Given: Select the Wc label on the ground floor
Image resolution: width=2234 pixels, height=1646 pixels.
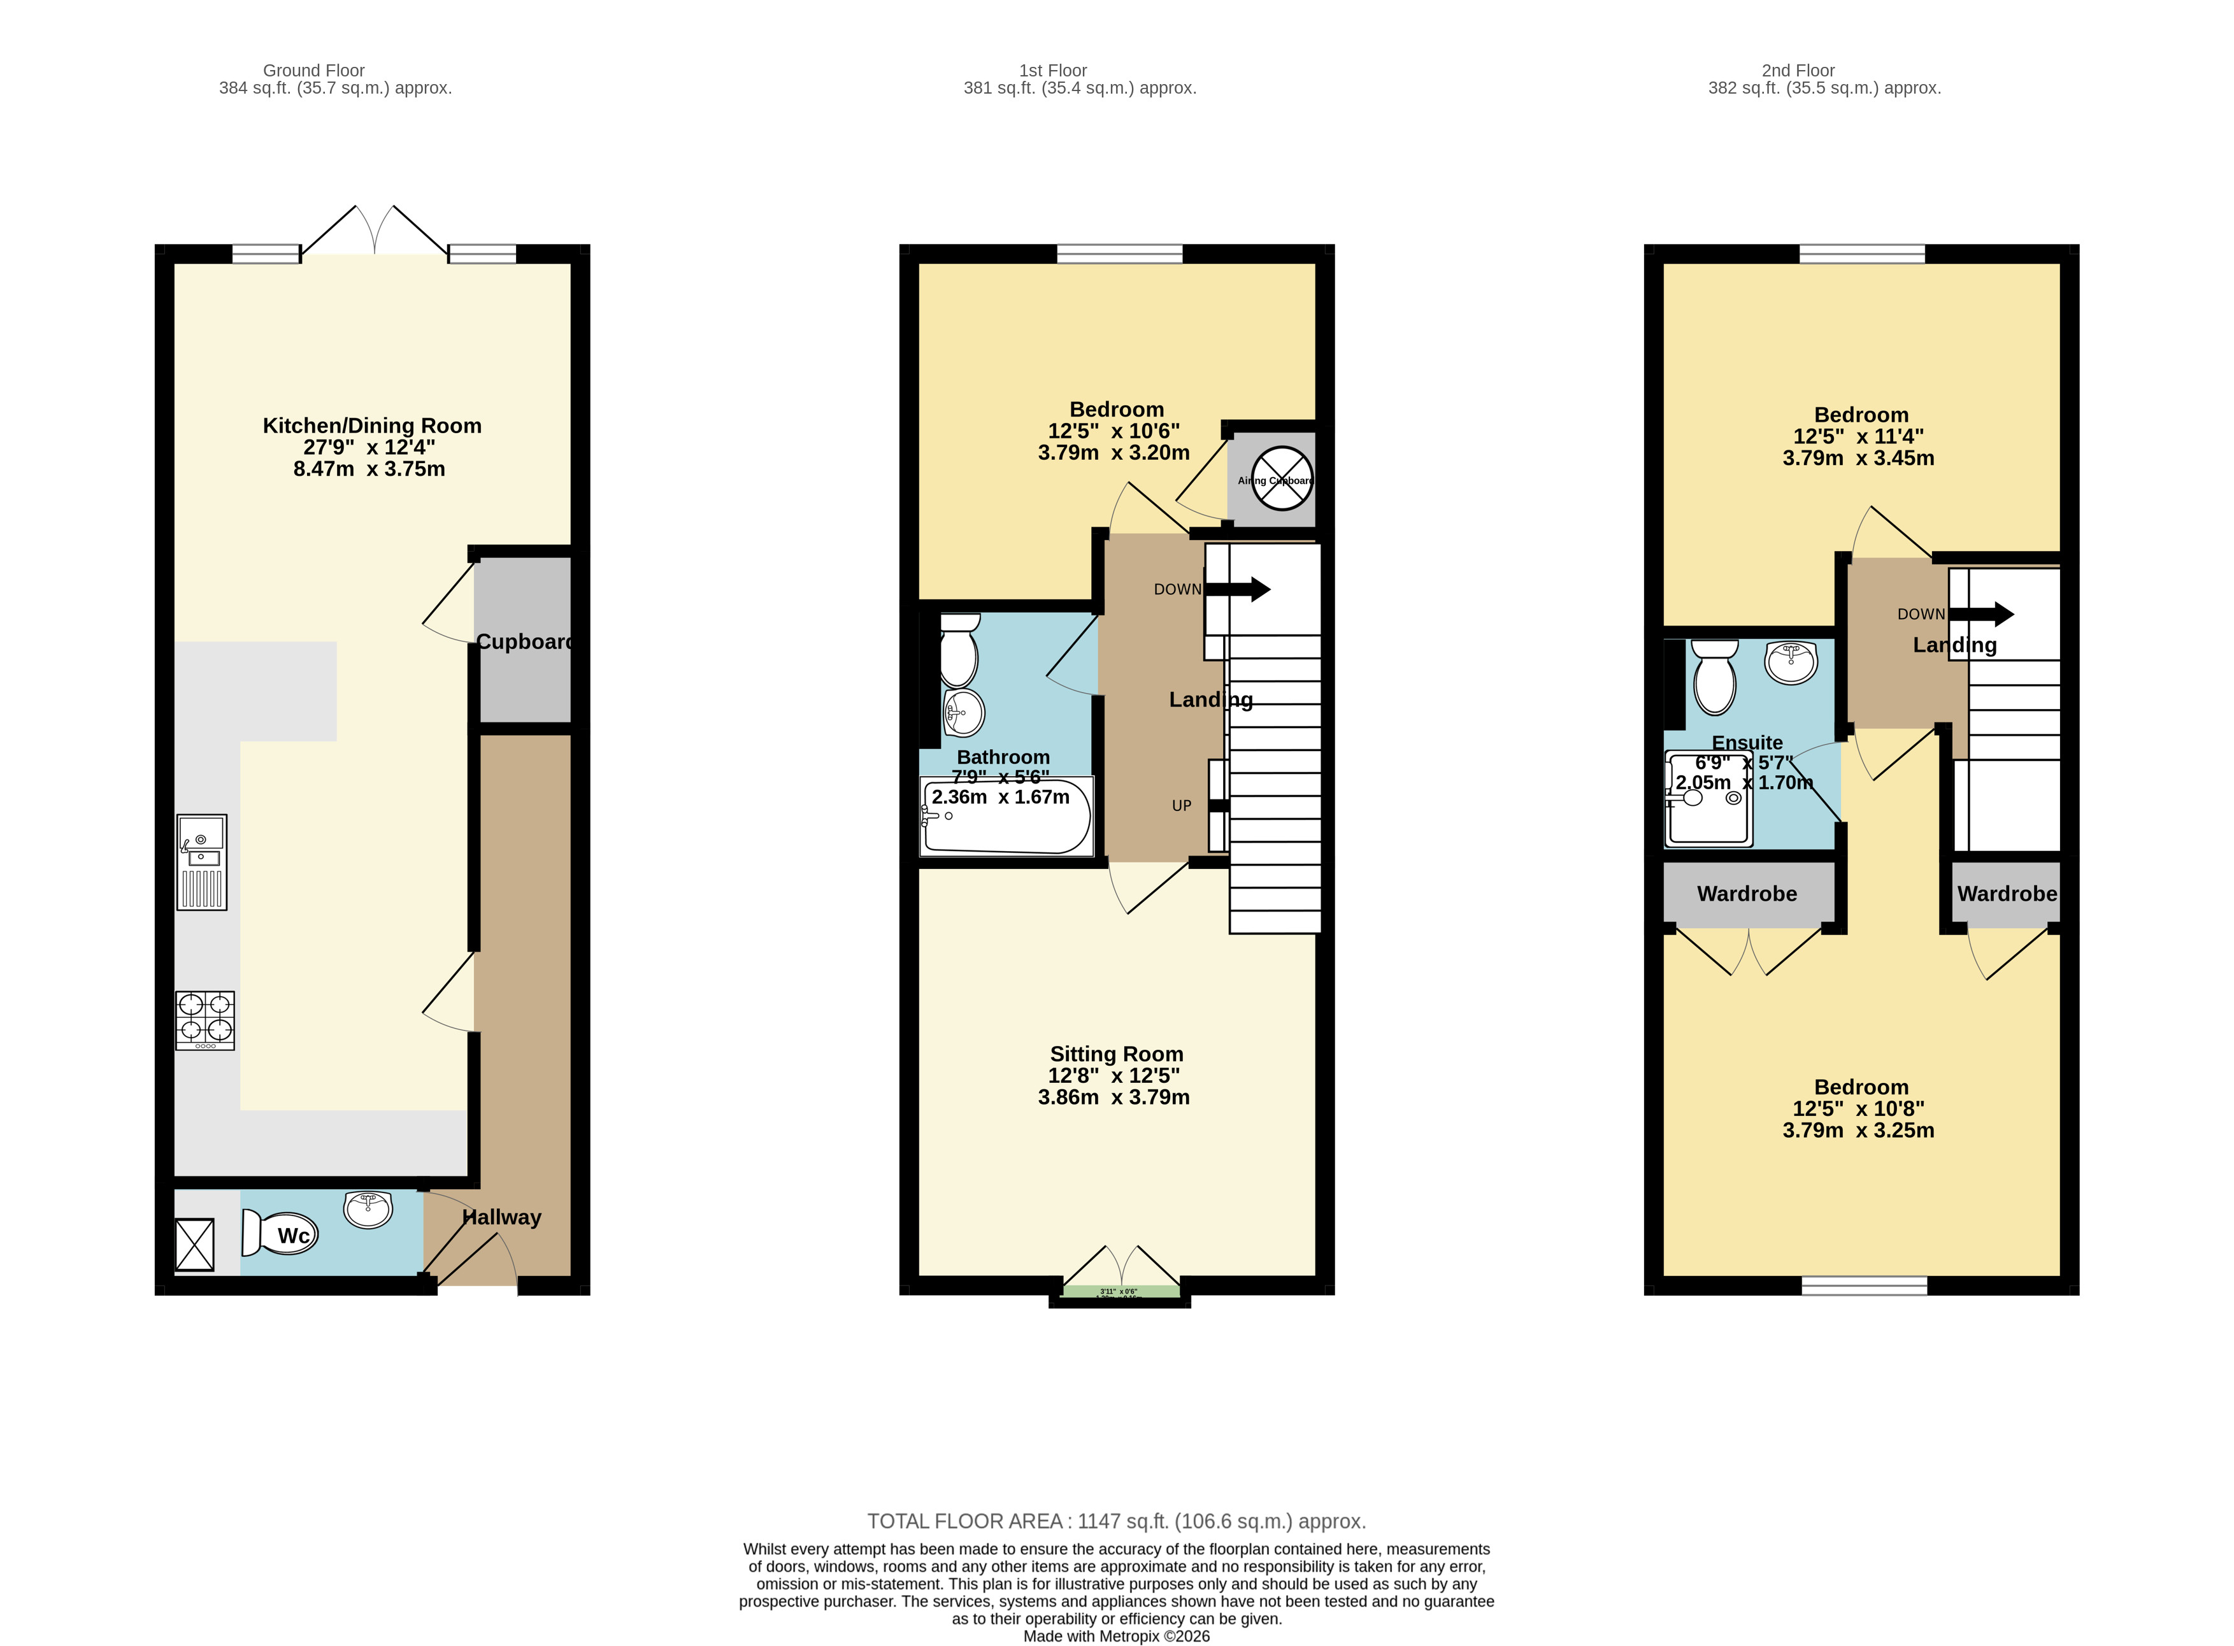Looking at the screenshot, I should click(293, 1236).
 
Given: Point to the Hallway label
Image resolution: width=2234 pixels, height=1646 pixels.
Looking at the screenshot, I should click(501, 1217).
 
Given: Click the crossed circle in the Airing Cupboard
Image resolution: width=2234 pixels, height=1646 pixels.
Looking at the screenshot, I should click(1282, 478).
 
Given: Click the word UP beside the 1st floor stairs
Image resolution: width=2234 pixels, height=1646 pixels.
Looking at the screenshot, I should click(1181, 805).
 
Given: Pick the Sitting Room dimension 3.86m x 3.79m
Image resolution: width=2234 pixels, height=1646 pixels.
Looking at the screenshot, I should click(1113, 1097).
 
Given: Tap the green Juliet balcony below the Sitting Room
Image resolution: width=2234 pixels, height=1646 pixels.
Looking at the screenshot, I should click(1120, 1291).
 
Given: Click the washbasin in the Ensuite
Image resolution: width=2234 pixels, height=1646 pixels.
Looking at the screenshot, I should click(1791, 662).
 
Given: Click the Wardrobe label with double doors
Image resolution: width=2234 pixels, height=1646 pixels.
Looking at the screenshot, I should click(1746, 894).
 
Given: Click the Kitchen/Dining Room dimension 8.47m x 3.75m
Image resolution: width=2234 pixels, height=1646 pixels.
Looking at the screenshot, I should click(369, 468).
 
